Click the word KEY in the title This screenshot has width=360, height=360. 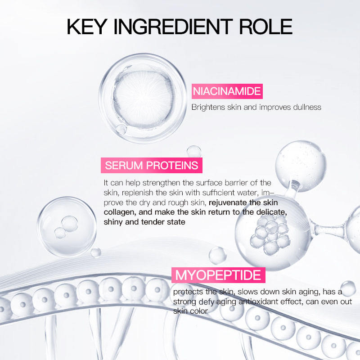coord(86,27)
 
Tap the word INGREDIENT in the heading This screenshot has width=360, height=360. coord(173,27)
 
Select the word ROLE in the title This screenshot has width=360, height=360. coord(265,27)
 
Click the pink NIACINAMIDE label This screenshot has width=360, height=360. coord(227,91)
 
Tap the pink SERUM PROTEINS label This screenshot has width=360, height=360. coord(152,165)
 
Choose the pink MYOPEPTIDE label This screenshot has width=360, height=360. coord(218,275)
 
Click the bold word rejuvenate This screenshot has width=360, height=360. coord(228,203)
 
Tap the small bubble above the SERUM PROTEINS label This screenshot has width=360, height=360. coord(194,152)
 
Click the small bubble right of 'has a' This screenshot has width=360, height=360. coord(348,288)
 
